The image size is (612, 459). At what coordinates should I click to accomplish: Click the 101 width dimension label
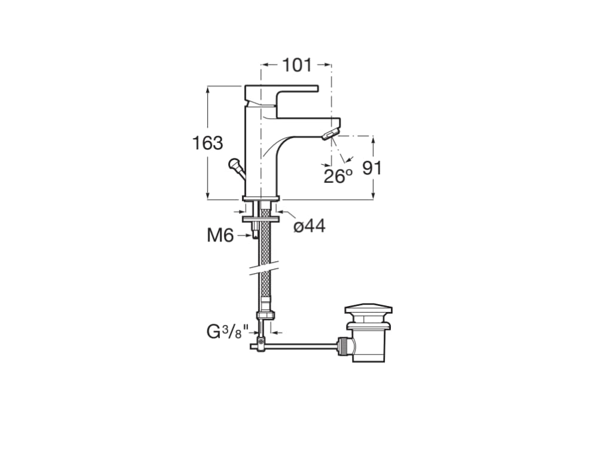click(x=297, y=65)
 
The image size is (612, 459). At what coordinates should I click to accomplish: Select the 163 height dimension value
click(x=207, y=143)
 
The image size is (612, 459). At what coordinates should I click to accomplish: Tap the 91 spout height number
click(x=372, y=168)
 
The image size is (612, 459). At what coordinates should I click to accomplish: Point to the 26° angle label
click(x=338, y=176)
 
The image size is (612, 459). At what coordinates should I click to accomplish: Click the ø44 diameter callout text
click(x=310, y=225)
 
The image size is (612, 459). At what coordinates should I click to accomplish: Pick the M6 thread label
click(x=220, y=235)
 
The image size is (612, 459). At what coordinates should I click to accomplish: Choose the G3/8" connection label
click(x=228, y=332)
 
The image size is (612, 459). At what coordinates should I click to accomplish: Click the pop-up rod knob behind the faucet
click(x=235, y=164)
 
